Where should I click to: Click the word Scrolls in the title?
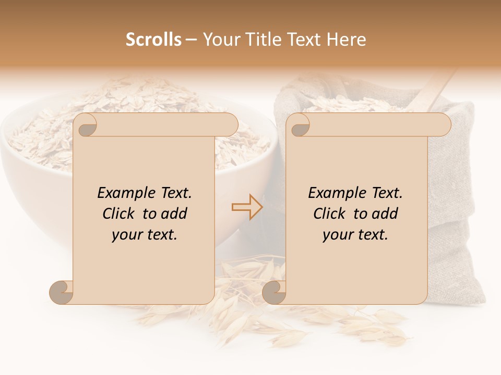pyautogui.click(x=153, y=40)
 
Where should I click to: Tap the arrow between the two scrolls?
pyautogui.click(x=247, y=207)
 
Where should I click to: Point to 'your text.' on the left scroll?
pyautogui.click(x=144, y=234)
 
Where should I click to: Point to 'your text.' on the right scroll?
pyautogui.click(x=355, y=234)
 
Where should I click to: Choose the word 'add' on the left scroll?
pyautogui.click(x=175, y=214)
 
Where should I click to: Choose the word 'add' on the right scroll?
pyautogui.click(x=386, y=214)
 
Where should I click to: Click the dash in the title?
pyautogui.click(x=191, y=40)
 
